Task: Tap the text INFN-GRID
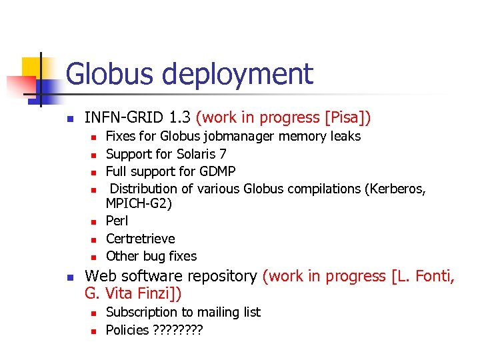coord(125,118)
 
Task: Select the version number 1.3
coord(180,118)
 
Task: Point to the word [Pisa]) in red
coord(347,118)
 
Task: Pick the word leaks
coord(345,137)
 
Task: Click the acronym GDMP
coord(217,171)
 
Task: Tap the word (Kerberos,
coord(395,189)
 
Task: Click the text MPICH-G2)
coord(139,204)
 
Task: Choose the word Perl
coord(117,221)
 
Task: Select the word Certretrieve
coord(141,239)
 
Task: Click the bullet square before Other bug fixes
coord(94,257)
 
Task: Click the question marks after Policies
coord(177,330)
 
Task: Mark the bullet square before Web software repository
coord(69,277)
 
